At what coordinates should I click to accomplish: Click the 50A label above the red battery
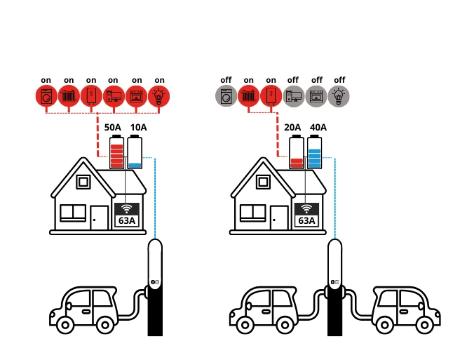point(112,127)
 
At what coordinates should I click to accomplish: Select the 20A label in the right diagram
point(292,127)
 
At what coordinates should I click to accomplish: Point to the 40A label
point(318,127)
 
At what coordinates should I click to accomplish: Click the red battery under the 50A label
point(117,152)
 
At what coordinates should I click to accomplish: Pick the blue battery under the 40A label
point(314,153)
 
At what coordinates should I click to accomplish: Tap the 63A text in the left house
point(127,220)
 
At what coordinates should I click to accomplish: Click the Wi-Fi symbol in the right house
point(306,208)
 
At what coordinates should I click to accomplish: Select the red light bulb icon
point(159,96)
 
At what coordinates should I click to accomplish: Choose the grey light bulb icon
point(339,96)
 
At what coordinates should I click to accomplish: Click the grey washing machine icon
point(226,96)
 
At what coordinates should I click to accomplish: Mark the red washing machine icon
point(46,96)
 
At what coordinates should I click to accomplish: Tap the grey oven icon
point(316,96)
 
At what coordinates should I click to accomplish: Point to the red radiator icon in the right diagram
point(248,96)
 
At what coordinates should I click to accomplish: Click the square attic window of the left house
point(83,182)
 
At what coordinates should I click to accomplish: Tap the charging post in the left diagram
point(155,288)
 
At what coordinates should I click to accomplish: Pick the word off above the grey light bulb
point(339,80)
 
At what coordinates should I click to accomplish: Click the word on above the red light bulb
point(159,80)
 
